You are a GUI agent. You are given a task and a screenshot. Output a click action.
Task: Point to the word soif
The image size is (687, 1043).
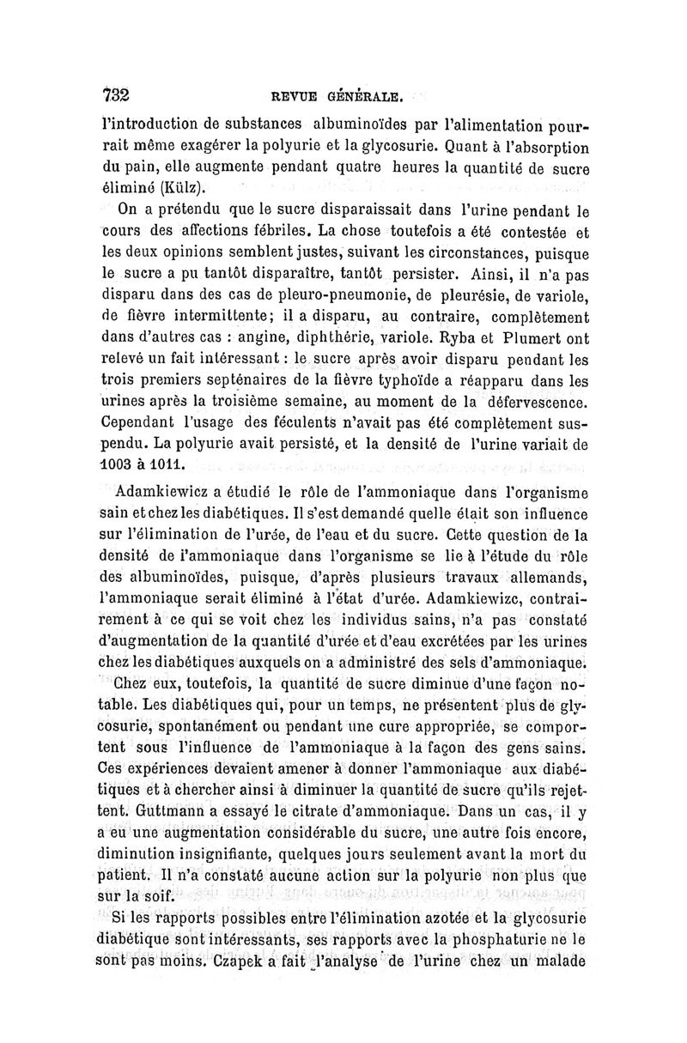tap(158, 898)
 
